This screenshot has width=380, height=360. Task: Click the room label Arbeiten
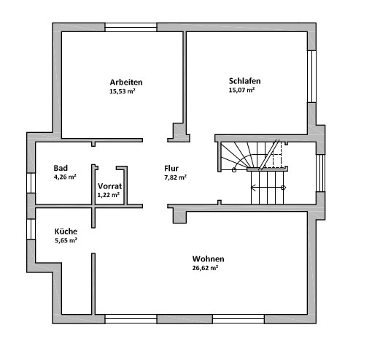click(x=126, y=82)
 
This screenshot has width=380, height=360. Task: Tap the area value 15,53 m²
click(x=123, y=91)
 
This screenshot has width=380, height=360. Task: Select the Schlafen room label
click(x=244, y=81)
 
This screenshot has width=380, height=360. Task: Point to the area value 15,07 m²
click(x=241, y=90)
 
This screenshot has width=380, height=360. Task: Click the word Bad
click(x=61, y=168)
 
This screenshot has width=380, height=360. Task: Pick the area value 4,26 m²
click(x=65, y=177)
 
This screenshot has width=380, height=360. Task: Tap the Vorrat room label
click(x=109, y=186)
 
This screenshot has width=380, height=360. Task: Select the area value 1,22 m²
click(x=109, y=195)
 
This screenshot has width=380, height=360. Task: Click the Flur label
click(x=171, y=168)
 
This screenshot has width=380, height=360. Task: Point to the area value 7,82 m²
click(x=175, y=177)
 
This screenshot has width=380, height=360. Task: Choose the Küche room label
click(x=66, y=231)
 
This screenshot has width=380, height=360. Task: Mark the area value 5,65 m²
click(x=66, y=240)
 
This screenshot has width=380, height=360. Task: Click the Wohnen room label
click(x=208, y=258)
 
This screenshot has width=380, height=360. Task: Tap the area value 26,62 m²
click(x=205, y=268)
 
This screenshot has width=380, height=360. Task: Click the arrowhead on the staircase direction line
click(x=253, y=188)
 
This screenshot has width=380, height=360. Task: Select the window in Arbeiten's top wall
click(x=131, y=27)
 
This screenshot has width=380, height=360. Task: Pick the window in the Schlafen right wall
click(x=311, y=77)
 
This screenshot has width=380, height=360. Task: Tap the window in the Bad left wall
click(x=31, y=183)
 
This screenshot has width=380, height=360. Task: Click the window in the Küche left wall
click(x=31, y=229)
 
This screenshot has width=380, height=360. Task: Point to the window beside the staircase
click(x=320, y=173)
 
